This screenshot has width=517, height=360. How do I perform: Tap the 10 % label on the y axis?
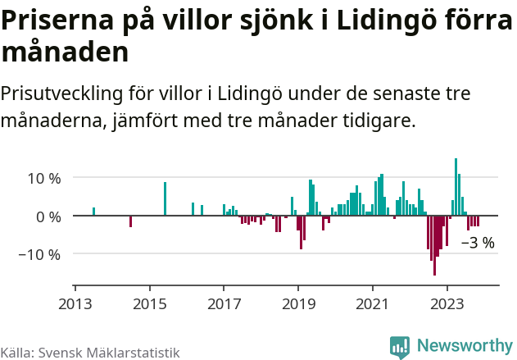tap(44, 178)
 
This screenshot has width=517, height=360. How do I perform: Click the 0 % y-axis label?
tap(48, 216)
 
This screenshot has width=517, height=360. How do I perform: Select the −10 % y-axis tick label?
tap(40, 254)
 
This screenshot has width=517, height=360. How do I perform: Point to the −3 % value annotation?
tap(478, 243)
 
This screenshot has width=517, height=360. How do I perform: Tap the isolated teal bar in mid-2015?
tap(165, 199)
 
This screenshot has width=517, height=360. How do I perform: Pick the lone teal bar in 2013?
tap(94, 212)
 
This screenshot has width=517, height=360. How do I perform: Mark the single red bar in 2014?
tap(131, 221)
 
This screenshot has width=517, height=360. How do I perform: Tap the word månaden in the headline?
tap(66, 52)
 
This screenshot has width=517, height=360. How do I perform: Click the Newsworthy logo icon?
tap(400, 347)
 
